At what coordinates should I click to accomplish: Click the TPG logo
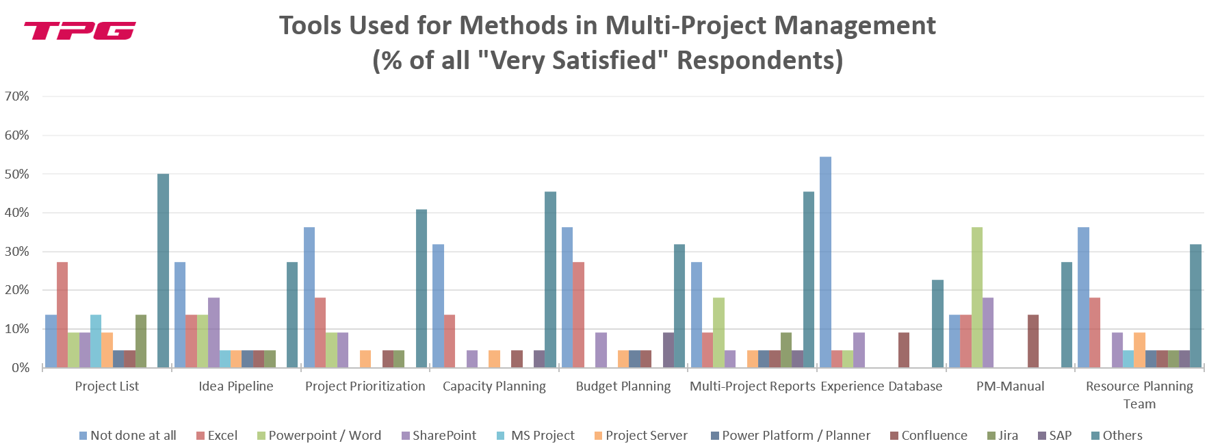click(79, 31)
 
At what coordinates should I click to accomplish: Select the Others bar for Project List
click(163, 271)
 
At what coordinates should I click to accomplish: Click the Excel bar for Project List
click(62, 315)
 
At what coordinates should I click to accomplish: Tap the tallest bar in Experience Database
click(825, 262)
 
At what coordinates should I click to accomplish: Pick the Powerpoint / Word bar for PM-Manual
click(976, 298)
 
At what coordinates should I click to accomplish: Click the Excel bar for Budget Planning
click(578, 315)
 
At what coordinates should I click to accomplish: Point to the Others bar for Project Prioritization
click(421, 289)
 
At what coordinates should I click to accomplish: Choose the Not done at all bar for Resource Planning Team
click(1083, 298)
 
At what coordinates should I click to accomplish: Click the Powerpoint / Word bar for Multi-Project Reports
click(718, 332)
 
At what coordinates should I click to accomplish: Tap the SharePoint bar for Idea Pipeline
click(213, 332)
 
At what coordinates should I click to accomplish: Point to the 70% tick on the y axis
click(17, 96)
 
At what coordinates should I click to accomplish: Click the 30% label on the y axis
click(17, 252)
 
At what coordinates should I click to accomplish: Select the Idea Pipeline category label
click(236, 386)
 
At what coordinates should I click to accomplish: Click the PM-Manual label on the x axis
click(1010, 386)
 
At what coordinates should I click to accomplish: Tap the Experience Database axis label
click(881, 386)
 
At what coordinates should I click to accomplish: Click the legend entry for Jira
click(1008, 436)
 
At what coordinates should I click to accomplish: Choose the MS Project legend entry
click(543, 436)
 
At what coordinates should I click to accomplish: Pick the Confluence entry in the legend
click(934, 436)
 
